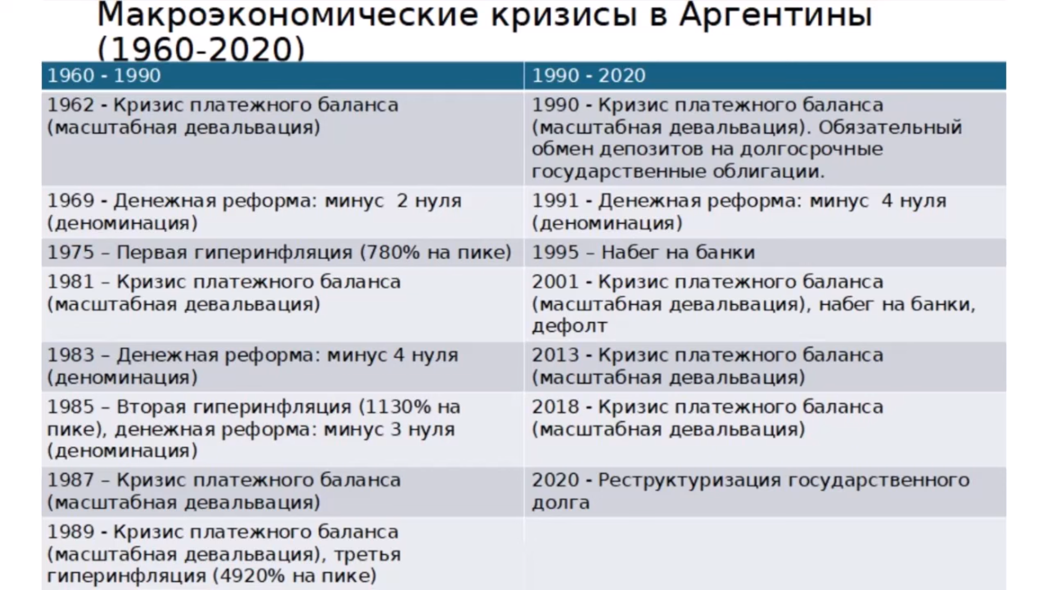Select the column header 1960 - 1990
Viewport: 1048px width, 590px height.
tap(104, 75)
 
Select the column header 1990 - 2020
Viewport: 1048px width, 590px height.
tap(589, 75)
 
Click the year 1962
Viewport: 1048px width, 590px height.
tap(71, 105)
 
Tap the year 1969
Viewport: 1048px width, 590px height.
tap(71, 200)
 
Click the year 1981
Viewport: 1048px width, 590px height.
tap(71, 282)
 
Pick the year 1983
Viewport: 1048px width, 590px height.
tap(71, 355)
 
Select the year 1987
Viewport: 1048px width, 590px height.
tap(71, 480)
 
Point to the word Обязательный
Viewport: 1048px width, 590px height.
tap(890, 127)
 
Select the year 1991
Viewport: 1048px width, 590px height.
tap(556, 200)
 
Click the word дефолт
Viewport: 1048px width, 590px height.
tap(569, 326)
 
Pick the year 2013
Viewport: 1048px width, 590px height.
tap(556, 355)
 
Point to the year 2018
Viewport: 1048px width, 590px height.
tap(556, 407)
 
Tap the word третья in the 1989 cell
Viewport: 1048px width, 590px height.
tap(367, 555)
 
